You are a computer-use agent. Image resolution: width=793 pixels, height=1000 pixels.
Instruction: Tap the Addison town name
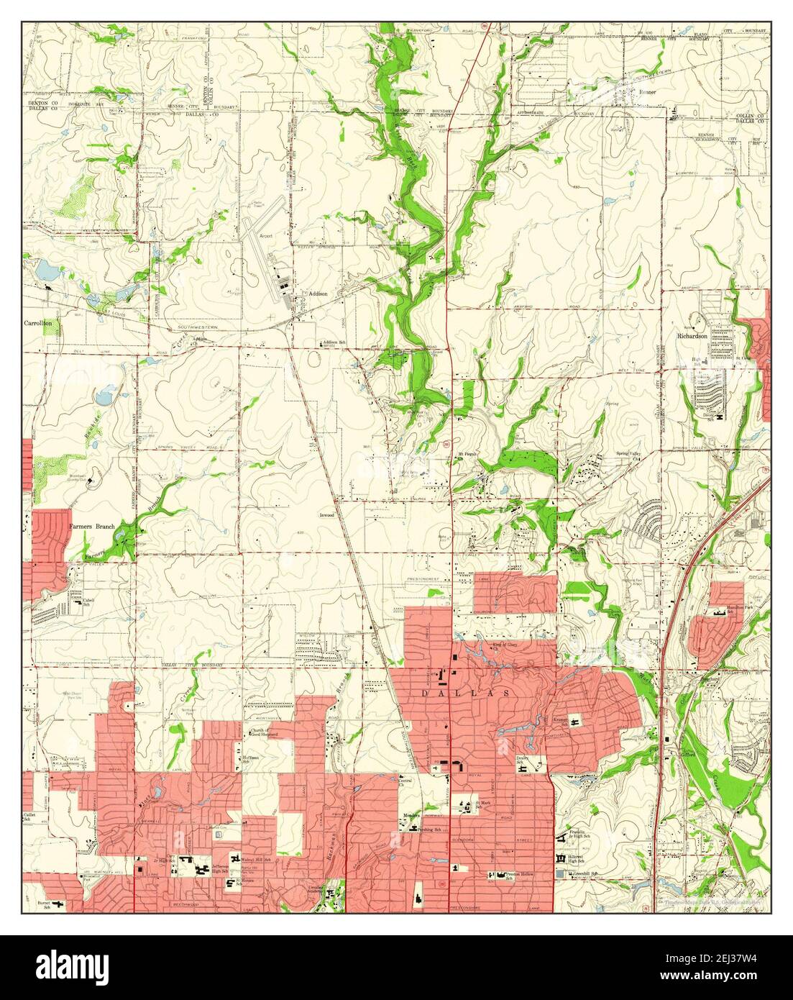[318, 294]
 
